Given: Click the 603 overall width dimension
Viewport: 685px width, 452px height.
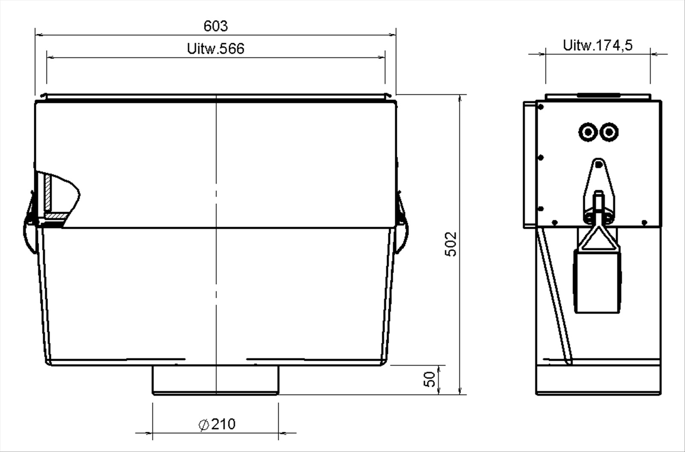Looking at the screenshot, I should (215, 26).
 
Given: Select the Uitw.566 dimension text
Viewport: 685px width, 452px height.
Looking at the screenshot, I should (215, 49).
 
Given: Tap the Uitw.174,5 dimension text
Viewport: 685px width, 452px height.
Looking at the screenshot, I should (598, 45).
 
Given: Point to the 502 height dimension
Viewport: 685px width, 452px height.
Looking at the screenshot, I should (451, 244).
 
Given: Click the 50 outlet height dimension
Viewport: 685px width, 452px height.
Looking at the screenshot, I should (430, 379).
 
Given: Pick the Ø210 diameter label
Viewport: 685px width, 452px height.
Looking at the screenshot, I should (217, 424).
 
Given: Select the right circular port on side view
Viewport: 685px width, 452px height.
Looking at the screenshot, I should (608, 132).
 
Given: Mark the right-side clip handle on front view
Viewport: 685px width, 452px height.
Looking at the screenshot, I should (402, 227).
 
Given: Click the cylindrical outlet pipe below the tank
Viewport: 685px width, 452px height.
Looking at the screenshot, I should (215, 380).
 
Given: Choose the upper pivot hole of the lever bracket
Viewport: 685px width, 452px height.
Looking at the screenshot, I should (599, 164).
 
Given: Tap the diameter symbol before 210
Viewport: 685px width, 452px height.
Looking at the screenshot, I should (204, 425).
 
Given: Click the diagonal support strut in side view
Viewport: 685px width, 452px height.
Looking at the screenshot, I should (554, 296).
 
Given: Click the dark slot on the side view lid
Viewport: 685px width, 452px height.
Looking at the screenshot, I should (598, 95).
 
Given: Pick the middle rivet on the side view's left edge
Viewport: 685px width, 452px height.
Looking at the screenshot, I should (541, 158).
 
